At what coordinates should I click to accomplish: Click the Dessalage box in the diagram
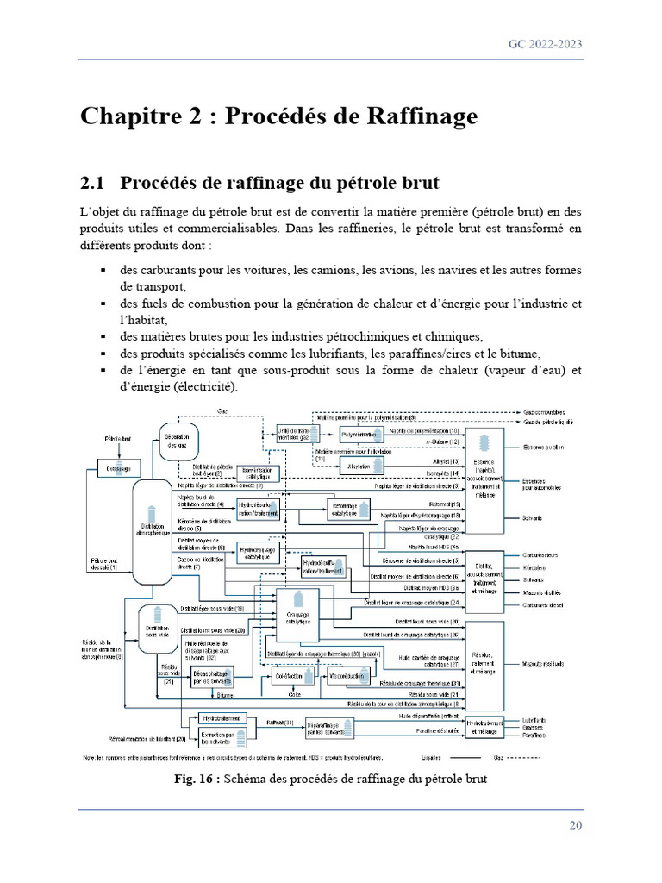[119, 468]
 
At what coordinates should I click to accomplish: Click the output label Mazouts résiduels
[542, 664]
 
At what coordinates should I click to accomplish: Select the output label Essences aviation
[543, 448]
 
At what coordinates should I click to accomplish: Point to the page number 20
[576, 826]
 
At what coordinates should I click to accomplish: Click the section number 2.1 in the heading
[92, 183]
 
